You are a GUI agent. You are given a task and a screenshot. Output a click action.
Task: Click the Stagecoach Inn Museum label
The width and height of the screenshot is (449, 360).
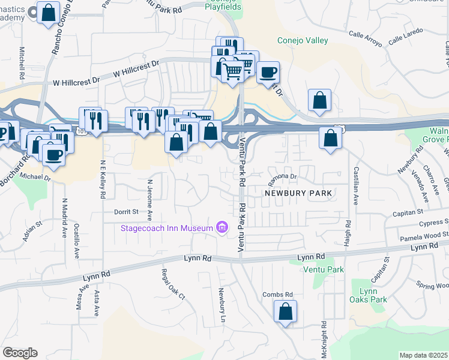167,227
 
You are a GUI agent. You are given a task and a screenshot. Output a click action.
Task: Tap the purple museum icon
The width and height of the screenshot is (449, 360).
222,227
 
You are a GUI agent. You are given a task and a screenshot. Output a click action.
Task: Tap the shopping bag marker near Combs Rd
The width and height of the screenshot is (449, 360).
286,312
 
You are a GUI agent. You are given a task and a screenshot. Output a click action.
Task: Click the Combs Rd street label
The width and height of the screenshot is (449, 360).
278,295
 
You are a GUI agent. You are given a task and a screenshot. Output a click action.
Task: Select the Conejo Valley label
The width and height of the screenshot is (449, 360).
303,40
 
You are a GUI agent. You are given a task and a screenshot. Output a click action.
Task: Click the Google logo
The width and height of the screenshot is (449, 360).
20,353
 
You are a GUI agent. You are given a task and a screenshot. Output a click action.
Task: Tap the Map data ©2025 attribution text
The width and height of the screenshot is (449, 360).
423,355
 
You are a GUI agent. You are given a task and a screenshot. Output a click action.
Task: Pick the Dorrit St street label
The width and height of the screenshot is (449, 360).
126,212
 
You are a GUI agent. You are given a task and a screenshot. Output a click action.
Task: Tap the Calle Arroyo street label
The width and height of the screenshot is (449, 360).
365,38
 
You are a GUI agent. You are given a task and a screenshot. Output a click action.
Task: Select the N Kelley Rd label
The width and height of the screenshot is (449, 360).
103,179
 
